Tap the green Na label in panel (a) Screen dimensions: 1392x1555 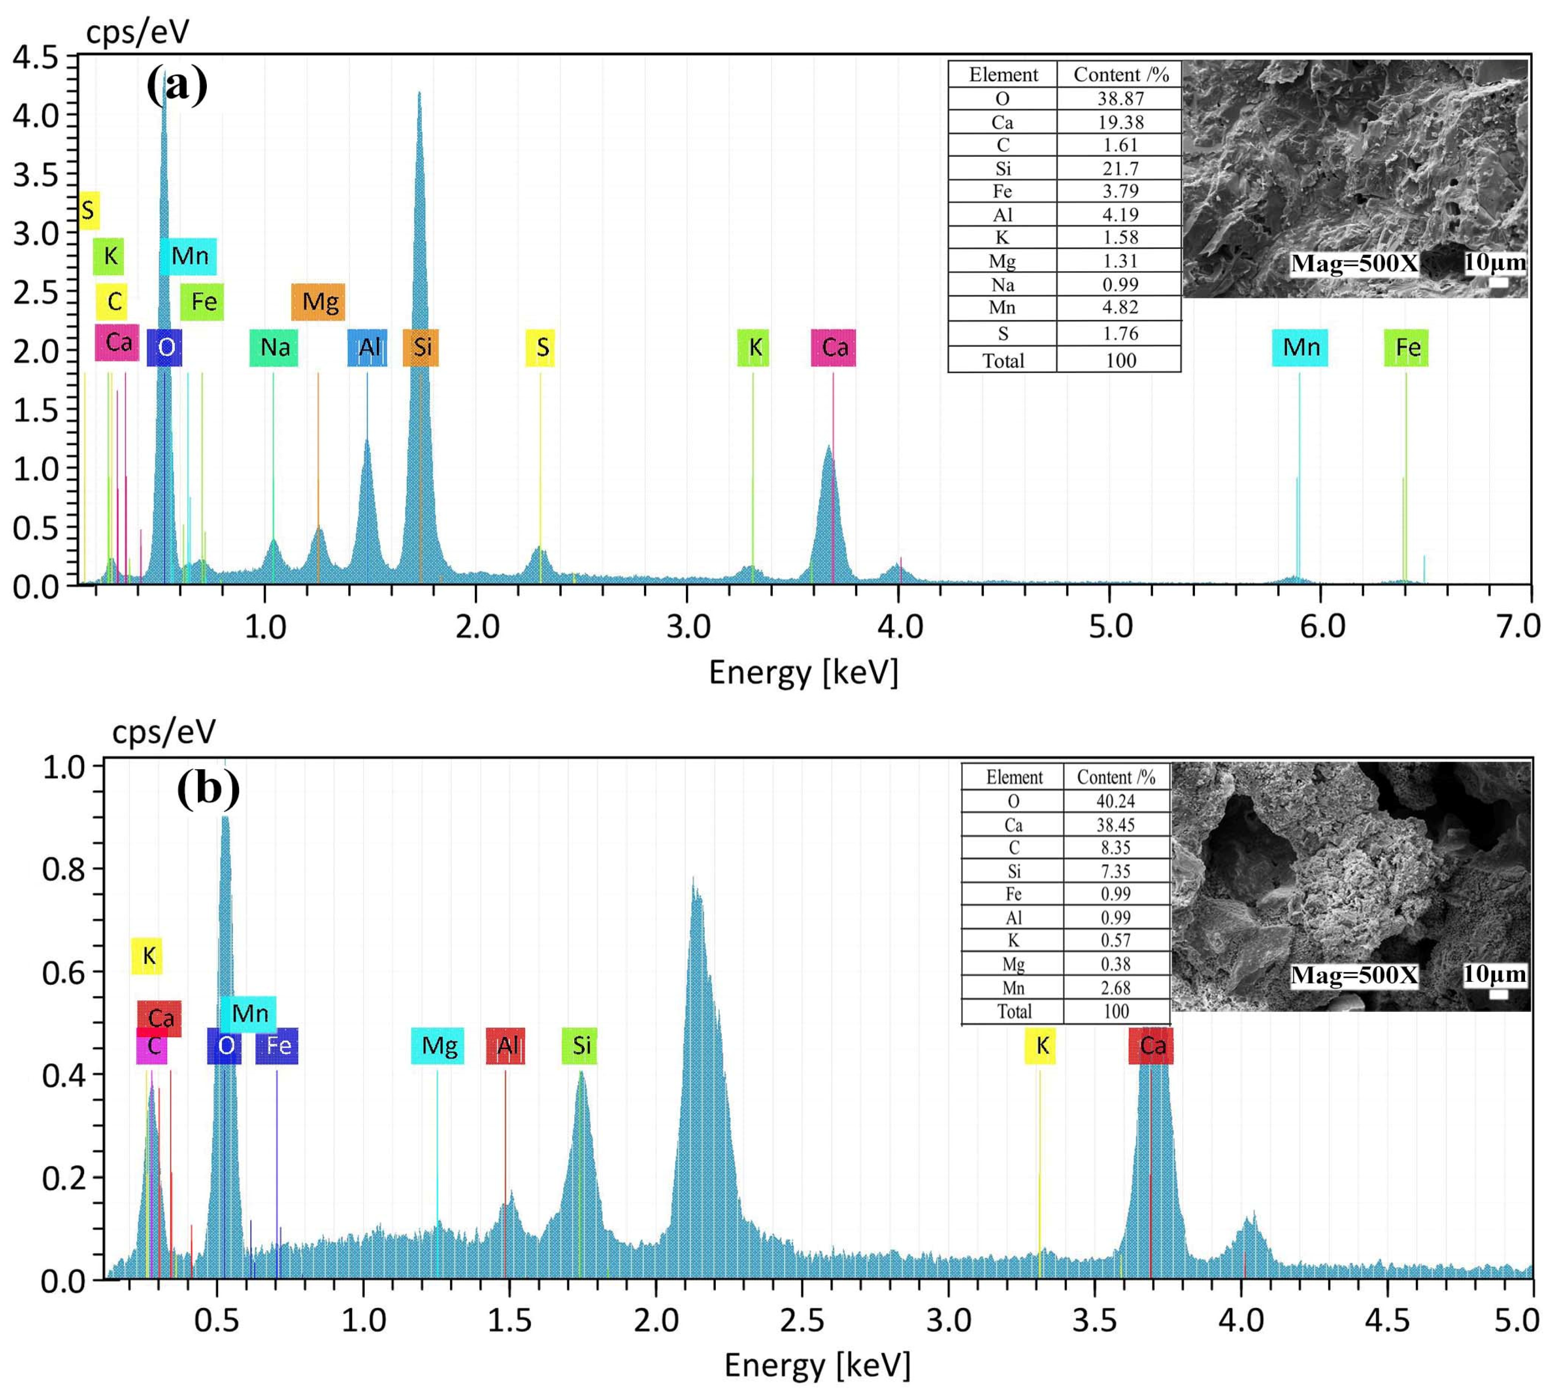pyautogui.click(x=274, y=347)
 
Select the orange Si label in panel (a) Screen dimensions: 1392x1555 pyautogui.click(x=422, y=347)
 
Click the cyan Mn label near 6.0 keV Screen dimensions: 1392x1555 pyautogui.click(x=1301, y=347)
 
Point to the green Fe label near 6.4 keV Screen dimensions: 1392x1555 pyautogui.click(x=1407, y=347)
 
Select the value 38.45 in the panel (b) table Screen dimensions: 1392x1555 pyautogui.click(x=1116, y=825)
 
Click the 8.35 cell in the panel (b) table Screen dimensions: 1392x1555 pyautogui.click(x=1116, y=848)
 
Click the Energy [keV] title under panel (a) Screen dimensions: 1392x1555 pyautogui.click(x=803, y=673)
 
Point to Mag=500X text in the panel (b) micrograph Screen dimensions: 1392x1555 pyautogui.click(x=1354, y=975)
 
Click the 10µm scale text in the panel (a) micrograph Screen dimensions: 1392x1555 pyautogui.click(x=1495, y=262)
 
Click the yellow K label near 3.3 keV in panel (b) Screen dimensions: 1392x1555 pyautogui.click(x=1040, y=1046)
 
